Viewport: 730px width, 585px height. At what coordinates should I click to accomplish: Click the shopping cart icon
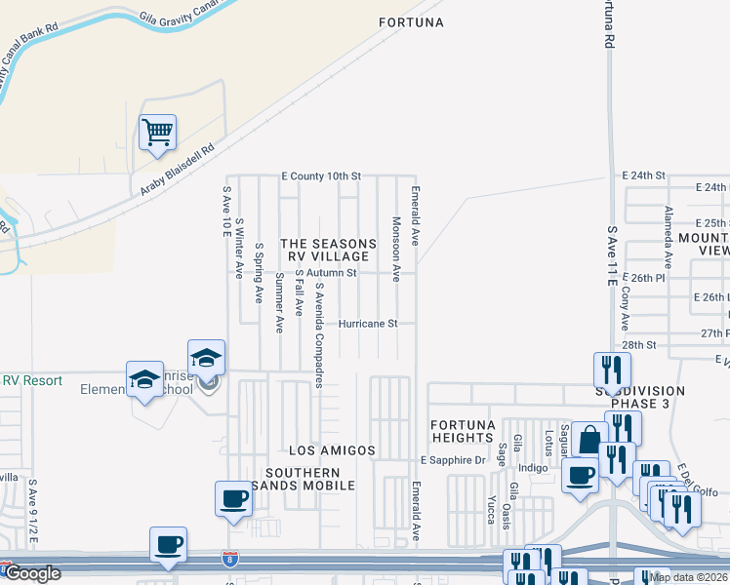[x=157, y=131]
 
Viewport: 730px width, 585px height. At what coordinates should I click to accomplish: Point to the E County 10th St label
[x=320, y=176]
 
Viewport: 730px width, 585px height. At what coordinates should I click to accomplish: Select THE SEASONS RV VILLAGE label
[x=328, y=250]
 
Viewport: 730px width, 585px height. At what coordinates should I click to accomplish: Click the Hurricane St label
[x=368, y=324]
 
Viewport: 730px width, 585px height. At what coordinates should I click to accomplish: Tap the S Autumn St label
[x=328, y=273]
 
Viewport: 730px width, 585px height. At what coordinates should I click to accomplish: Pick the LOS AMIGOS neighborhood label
[x=332, y=450]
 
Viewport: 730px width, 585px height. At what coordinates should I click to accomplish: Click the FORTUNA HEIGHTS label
[x=464, y=432]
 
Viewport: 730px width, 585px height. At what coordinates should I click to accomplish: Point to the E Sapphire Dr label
[x=452, y=459]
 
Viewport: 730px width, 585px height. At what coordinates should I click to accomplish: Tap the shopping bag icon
[x=589, y=439]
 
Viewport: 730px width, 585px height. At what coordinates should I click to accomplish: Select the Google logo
[x=31, y=574]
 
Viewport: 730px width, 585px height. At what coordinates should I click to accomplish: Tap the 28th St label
[x=639, y=345]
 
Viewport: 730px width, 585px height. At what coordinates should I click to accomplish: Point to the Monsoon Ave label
[x=396, y=249]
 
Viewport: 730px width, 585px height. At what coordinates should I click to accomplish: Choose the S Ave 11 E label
[x=611, y=255]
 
